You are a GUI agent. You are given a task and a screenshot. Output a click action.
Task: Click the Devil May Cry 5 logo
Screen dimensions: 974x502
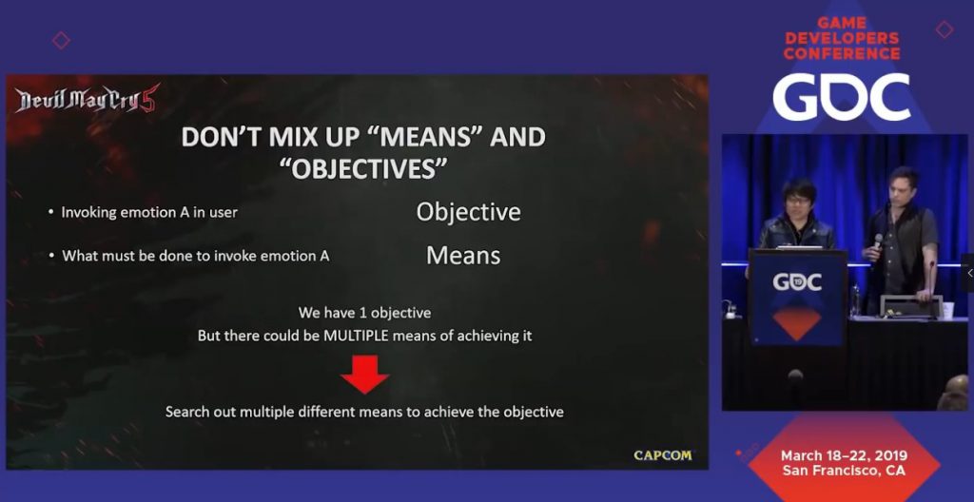click(x=88, y=100)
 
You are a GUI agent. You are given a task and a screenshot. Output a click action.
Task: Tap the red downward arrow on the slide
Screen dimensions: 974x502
click(x=364, y=374)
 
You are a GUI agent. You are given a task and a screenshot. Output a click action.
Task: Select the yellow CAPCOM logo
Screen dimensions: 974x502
click(x=662, y=455)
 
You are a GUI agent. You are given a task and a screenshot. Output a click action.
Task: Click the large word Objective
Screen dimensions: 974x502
click(x=468, y=212)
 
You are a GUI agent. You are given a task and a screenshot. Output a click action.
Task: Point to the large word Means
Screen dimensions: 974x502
click(x=463, y=256)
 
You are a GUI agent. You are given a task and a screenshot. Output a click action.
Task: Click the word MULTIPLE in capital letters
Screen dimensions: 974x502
click(x=356, y=337)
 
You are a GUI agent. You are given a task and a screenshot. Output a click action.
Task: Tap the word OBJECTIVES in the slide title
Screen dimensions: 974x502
click(x=369, y=168)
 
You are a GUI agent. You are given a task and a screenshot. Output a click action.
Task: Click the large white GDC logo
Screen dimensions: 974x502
click(x=842, y=97)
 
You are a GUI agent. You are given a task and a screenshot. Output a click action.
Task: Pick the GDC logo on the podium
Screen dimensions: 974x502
click(x=797, y=282)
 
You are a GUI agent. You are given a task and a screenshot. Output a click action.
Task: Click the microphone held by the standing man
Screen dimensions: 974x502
click(x=878, y=241)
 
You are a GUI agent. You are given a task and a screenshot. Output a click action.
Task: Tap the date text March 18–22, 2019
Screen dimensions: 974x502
click(x=844, y=456)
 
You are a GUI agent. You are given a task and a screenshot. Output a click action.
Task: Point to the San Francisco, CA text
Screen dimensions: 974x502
click(x=844, y=471)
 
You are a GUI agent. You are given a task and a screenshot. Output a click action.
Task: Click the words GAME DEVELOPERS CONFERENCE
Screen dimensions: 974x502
click(x=842, y=39)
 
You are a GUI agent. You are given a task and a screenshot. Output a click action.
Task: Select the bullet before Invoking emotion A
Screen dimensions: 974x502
click(x=51, y=212)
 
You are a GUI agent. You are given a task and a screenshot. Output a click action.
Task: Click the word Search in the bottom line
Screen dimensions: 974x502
click(x=185, y=412)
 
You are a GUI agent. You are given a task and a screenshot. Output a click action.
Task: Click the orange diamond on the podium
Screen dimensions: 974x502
click(x=797, y=320)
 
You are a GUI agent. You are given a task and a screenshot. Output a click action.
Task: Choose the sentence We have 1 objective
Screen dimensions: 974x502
click(x=364, y=312)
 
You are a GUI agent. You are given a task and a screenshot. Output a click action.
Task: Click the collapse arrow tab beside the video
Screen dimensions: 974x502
click(x=968, y=273)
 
